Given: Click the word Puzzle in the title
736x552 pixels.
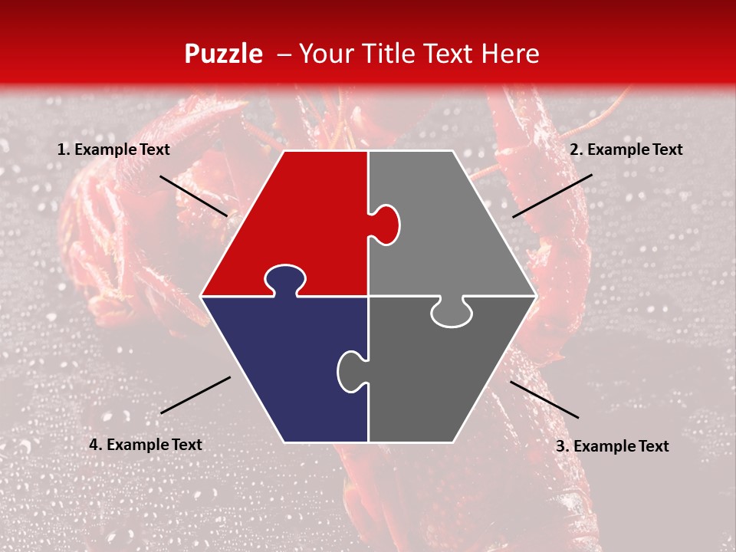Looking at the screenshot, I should [223, 54].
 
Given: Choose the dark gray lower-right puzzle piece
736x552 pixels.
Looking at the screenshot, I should [445, 376].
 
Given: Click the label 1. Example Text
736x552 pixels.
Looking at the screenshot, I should [113, 150].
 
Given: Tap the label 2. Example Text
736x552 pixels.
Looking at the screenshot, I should [626, 149].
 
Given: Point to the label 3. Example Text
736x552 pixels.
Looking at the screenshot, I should [612, 446].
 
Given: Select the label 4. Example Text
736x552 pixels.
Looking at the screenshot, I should [145, 445].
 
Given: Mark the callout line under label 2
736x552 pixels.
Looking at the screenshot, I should [552, 195].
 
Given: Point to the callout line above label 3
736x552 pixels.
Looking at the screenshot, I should [544, 399].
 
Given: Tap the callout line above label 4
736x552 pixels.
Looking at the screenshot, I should [195, 395].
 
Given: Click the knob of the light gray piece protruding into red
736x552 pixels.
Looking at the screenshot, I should [387, 225].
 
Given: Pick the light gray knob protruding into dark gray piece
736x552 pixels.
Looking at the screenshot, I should [451, 313].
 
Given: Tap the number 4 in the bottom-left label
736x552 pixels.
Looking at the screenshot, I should [94, 445].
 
